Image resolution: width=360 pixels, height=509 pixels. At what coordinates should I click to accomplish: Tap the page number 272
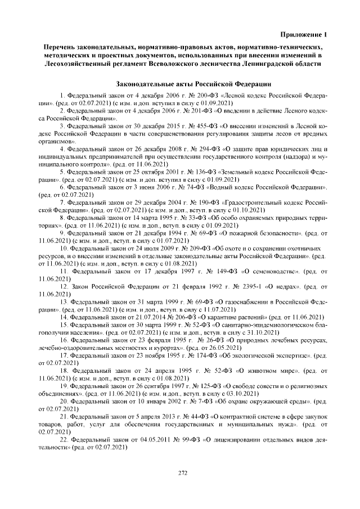click(x=182, y=472)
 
